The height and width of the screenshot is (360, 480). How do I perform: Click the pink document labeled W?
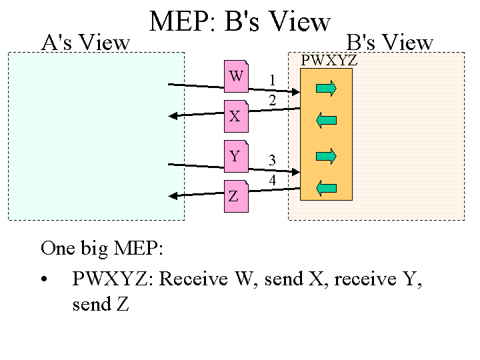point(236,76)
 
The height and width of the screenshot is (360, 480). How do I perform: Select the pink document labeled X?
point(235,116)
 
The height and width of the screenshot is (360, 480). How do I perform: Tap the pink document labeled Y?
point(235,157)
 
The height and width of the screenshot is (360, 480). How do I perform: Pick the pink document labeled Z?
point(235,197)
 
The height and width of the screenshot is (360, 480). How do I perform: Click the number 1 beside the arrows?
point(272,81)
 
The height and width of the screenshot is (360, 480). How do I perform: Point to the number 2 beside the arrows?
point(272,100)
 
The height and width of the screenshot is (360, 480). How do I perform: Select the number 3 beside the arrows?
point(272,160)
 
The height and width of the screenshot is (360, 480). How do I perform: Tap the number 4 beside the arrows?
point(272,180)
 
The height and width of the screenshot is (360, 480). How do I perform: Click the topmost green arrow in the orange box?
point(326,88)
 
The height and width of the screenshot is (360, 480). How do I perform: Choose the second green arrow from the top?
point(326,120)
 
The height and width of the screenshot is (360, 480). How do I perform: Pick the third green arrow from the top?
point(326,156)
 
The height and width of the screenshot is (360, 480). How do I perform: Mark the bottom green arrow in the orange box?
point(326,188)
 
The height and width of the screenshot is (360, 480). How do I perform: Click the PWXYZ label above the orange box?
point(329,61)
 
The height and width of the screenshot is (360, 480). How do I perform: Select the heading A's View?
point(85,43)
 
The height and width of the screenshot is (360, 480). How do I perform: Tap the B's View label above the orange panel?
point(390,43)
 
